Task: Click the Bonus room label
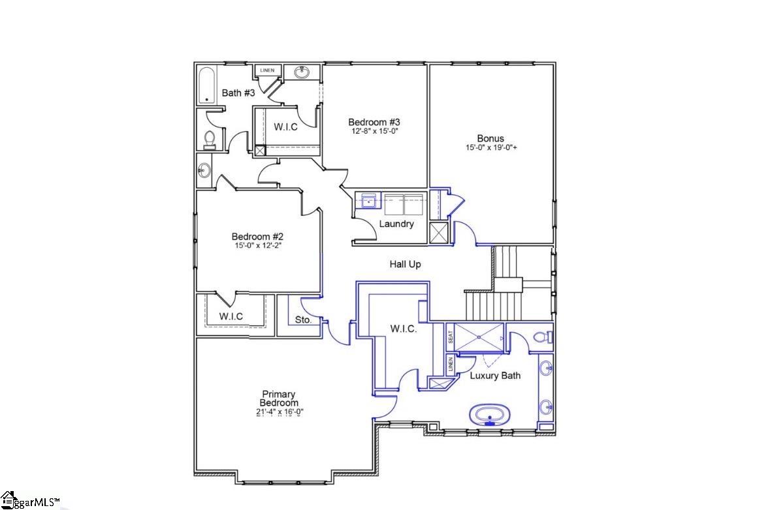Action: click(x=490, y=138)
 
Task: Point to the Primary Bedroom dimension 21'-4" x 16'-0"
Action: click(x=280, y=412)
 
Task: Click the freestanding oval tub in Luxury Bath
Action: click(x=490, y=415)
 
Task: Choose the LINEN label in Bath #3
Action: click(x=268, y=70)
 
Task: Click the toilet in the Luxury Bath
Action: click(x=543, y=337)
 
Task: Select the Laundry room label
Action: click(x=396, y=224)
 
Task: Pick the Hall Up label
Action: click(x=405, y=264)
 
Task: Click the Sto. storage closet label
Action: click(x=303, y=320)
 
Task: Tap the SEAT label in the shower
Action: click(x=451, y=337)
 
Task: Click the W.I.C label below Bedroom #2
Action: click(x=231, y=316)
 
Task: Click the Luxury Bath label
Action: click(x=495, y=376)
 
